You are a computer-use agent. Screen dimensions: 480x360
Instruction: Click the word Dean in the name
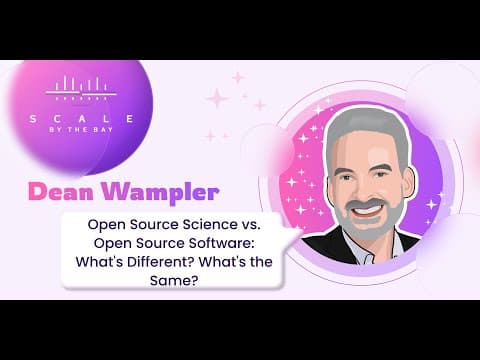click(61, 192)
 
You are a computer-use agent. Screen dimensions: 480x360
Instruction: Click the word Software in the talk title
click(221, 243)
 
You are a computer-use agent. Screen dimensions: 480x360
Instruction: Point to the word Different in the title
click(161, 262)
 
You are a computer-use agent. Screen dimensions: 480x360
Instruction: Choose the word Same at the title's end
click(172, 280)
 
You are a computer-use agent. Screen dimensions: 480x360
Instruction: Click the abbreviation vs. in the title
click(250, 225)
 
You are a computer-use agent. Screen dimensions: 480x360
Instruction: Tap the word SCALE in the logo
click(82, 119)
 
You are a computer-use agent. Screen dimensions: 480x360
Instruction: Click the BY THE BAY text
click(81, 130)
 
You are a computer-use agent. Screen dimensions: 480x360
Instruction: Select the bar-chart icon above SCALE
click(81, 88)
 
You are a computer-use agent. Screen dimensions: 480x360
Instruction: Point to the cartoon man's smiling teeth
click(371, 211)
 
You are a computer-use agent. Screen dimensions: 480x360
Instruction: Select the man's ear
click(411, 182)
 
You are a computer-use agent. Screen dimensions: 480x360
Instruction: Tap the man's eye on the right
click(381, 174)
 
